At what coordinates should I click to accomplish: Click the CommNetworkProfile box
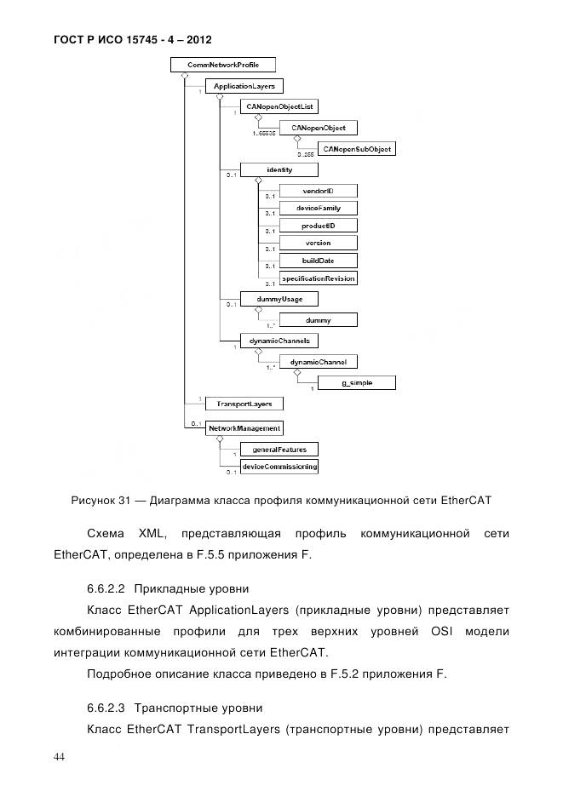[223, 65]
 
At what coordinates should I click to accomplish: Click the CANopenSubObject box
[357, 148]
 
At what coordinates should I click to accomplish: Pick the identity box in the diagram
[279, 169]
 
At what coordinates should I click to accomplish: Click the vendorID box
[318, 191]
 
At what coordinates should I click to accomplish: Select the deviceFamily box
[318, 208]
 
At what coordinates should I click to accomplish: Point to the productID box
[318, 226]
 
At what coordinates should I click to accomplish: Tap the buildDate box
[318, 261]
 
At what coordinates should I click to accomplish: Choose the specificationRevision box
[318, 278]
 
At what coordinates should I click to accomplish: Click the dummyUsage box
[267, 299]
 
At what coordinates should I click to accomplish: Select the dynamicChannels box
[267, 341]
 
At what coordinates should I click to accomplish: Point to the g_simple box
[357, 383]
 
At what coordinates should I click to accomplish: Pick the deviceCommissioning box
[279, 467]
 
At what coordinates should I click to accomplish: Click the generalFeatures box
[279, 449]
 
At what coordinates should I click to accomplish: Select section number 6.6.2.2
[106, 588]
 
